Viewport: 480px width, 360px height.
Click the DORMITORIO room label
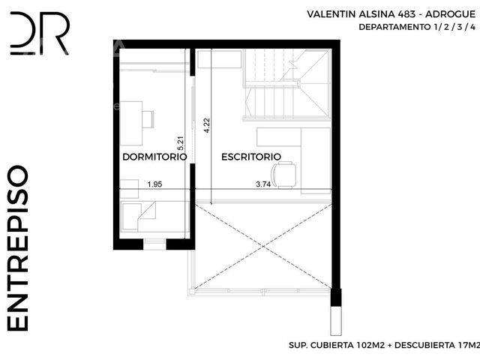154,157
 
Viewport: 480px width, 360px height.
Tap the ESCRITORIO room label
251,157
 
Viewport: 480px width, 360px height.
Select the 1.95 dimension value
154,184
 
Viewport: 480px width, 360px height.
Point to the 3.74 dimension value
263,184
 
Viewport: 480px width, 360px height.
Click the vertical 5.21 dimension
181,142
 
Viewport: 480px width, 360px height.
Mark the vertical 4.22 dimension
207,125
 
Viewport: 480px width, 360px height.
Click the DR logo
40,33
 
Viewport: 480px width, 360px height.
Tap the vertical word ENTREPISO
17,248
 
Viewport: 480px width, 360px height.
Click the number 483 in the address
406,14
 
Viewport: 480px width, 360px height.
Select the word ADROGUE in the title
451,14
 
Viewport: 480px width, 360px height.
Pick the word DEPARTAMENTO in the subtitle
394,27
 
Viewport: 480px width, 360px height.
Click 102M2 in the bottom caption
370,345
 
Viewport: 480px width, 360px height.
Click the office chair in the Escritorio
284,175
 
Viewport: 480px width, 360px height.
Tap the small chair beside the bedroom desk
148,119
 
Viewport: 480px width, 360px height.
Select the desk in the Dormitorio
131,123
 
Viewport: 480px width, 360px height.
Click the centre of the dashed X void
263,246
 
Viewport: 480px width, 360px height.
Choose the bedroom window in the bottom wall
154,244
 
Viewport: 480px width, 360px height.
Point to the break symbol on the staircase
293,65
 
